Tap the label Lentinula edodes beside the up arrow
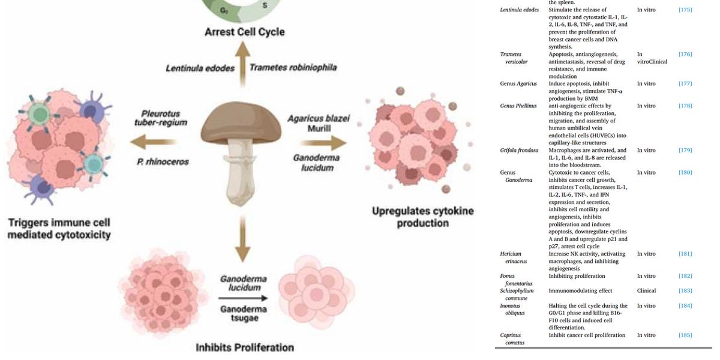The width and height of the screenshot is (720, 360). (200, 68)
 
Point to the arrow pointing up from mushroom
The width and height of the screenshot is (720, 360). (242, 63)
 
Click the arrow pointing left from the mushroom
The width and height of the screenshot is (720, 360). (149, 142)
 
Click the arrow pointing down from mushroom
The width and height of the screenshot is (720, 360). (242, 240)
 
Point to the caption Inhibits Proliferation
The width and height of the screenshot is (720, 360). (245, 347)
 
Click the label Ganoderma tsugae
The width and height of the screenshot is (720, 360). (243, 313)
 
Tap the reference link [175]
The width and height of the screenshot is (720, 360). (685, 10)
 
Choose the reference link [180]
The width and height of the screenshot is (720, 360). (685, 173)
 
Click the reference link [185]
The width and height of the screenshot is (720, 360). (685, 335)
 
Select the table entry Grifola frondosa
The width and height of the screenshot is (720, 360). (519, 151)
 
